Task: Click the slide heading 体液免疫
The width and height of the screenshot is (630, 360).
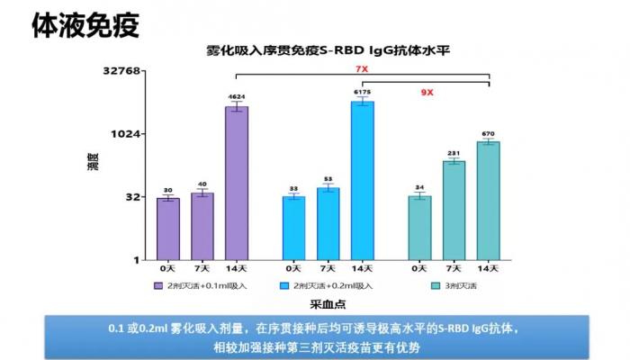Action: [85, 25]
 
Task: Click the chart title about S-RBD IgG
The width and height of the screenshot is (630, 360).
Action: [328, 50]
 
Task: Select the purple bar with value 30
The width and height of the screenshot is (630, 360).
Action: [167, 229]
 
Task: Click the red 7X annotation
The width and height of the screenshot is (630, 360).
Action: [362, 69]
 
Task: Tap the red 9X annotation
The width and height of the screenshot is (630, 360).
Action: [427, 92]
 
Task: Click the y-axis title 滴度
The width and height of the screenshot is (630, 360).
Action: [93, 164]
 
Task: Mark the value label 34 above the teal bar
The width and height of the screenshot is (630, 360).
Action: [419, 188]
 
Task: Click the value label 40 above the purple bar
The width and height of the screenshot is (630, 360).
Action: [202, 184]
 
